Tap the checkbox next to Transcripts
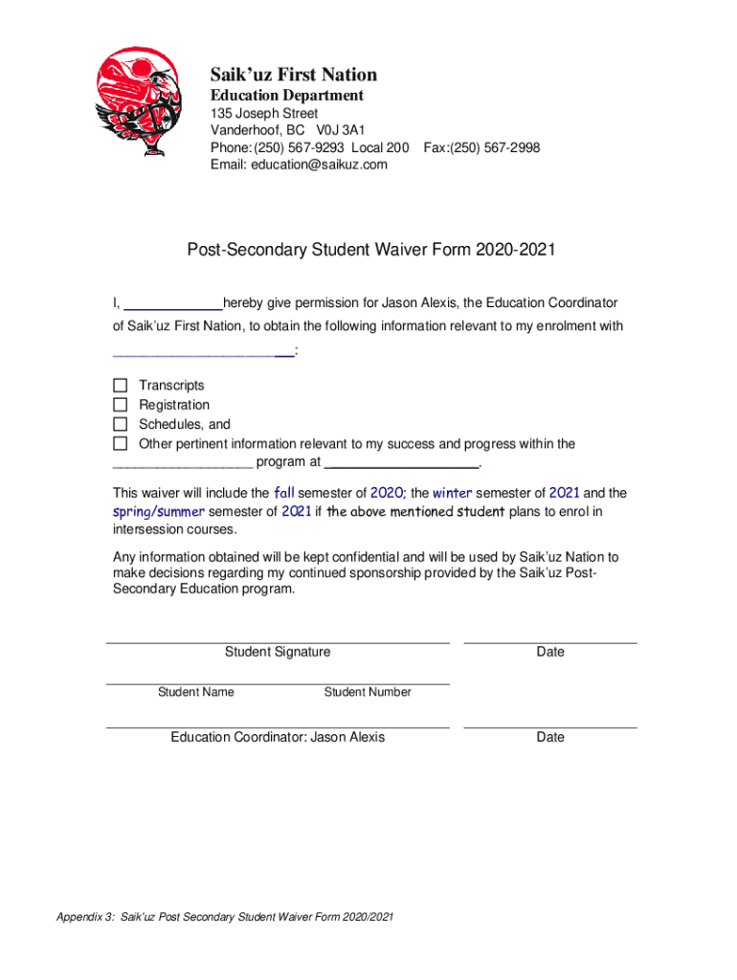coord(120,385)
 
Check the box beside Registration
coord(120,405)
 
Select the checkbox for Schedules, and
coord(120,424)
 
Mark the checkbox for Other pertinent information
coord(120,444)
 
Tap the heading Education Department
coord(287,96)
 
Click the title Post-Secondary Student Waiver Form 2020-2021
coord(371,251)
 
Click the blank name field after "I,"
coord(173,304)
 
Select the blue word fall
coord(284,493)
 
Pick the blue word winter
coord(453,493)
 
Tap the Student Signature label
coord(278,652)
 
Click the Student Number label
coord(368,692)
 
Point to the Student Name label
coord(195,692)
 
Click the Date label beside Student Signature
coord(550,652)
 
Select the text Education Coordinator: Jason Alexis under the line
coord(278,737)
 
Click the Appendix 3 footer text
coord(225,918)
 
